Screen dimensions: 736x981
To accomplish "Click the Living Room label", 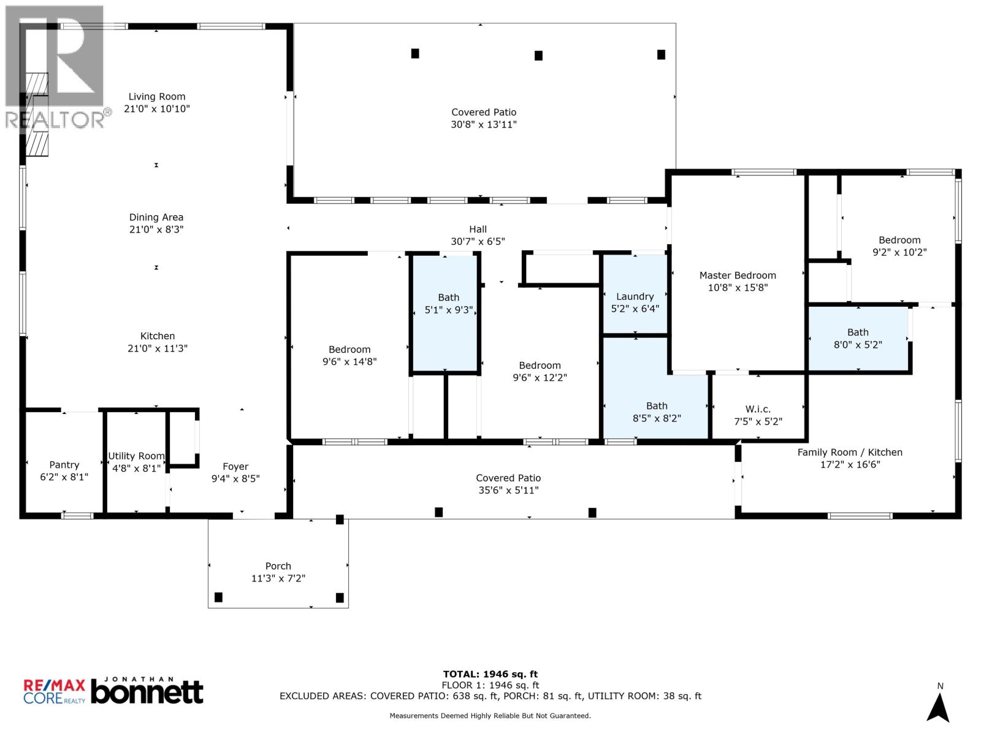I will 157,97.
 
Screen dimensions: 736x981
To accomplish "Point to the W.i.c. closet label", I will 758,409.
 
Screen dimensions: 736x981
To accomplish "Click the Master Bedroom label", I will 738,275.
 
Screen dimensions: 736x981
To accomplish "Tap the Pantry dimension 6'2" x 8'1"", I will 64,477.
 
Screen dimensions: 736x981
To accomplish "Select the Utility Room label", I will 136,456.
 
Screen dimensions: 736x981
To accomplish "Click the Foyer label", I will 235,467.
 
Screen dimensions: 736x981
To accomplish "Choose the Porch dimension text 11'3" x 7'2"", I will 278,578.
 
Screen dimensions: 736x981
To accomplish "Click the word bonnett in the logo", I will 147,692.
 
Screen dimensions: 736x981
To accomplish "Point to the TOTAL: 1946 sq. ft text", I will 490,674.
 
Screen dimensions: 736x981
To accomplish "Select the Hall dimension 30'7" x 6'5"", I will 478,242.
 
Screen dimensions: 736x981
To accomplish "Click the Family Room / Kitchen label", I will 850,452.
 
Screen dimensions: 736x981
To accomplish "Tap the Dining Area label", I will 156,217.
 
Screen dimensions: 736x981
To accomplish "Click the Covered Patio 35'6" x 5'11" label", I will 508,484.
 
